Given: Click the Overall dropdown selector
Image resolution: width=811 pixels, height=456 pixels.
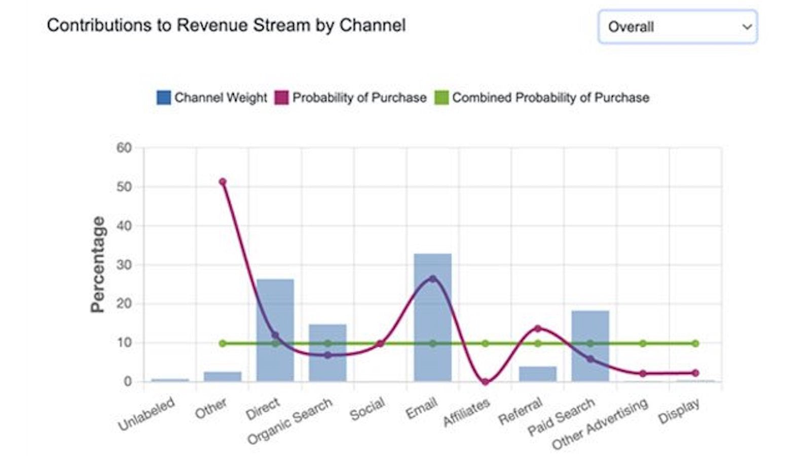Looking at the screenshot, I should (678, 26).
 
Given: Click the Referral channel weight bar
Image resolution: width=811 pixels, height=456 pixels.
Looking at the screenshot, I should (537, 374).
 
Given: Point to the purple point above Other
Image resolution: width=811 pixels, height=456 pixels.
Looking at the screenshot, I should (223, 181).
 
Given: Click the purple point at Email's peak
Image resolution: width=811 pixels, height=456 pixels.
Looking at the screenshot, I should (432, 279).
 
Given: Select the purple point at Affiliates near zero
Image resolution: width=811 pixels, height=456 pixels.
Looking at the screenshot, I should (485, 382).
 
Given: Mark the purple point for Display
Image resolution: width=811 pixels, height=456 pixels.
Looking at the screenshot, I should (695, 373).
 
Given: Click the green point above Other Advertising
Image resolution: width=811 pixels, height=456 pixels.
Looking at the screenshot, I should (643, 344).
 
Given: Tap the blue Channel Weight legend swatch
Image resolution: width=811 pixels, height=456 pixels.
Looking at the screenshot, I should (164, 97).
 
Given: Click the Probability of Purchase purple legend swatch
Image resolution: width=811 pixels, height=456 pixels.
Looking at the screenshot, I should (281, 97).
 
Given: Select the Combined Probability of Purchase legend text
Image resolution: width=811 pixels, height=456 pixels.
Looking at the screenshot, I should (550, 97).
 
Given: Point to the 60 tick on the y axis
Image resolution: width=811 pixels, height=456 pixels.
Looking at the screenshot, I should (124, 148).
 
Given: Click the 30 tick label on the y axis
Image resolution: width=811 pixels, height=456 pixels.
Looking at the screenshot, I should (124, 265).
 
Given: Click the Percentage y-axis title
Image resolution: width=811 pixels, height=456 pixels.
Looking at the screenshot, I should (97, 264).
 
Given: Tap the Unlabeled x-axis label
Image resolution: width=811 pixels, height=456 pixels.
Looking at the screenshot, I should (146, 414).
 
